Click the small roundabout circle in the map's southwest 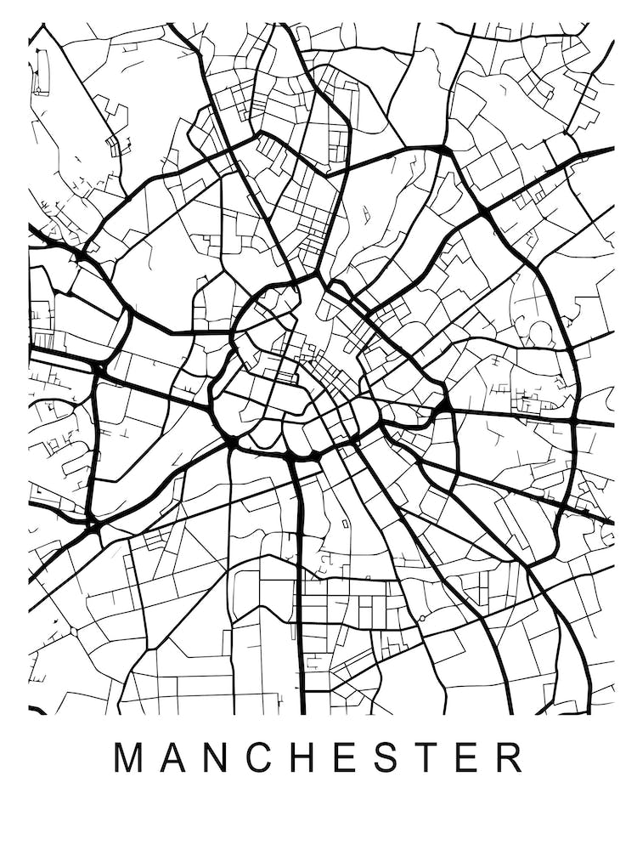tap(73, 632)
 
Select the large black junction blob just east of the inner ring tap(443, 405)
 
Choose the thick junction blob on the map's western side tap(99, 369)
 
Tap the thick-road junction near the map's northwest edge tap(79, 252)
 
